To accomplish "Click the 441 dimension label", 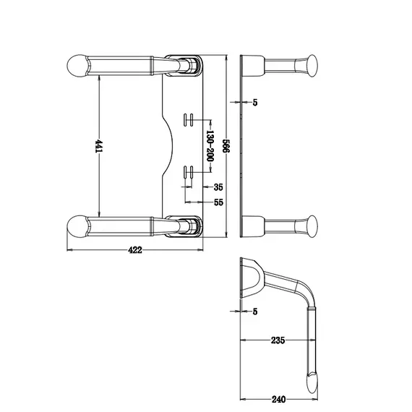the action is point(99,146).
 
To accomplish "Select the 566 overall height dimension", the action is point(226,145).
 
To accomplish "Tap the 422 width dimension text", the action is point(135,250).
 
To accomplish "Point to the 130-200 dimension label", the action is point(210,146).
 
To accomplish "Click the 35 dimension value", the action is point(218,187).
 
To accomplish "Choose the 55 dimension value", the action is point(218,202).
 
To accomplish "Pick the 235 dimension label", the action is point(278,340).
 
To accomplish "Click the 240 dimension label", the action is point(278,400).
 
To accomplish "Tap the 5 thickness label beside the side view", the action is point(255,103).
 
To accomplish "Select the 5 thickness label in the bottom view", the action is point(255,312).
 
